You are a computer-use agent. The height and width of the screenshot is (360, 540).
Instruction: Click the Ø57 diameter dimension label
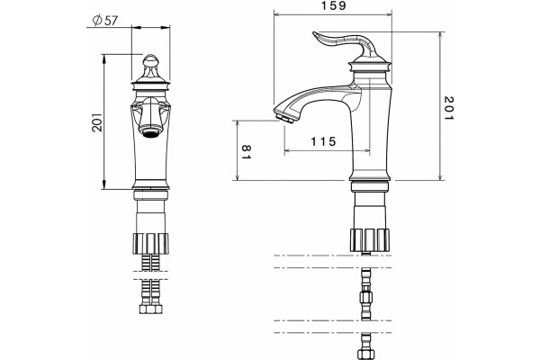105,21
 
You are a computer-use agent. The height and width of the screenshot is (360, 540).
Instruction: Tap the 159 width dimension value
333,6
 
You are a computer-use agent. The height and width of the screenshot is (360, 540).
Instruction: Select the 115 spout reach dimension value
323,141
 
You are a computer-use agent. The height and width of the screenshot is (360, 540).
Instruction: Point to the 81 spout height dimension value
247,152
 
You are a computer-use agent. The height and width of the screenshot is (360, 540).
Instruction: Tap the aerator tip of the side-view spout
284,118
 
